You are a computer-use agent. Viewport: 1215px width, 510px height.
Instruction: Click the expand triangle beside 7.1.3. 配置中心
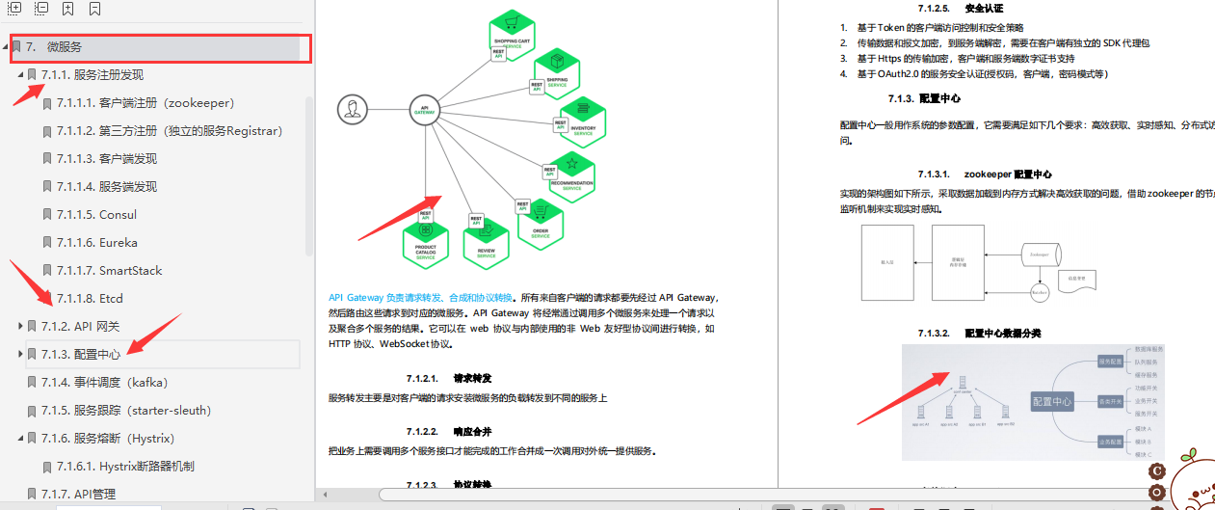click(20, 354)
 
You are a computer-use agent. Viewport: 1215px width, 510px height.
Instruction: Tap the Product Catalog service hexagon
click(426, 241)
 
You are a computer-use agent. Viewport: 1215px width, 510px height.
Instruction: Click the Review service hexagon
click(486, 240)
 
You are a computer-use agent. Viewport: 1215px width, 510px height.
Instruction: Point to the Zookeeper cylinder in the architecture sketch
click(1039, 255)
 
